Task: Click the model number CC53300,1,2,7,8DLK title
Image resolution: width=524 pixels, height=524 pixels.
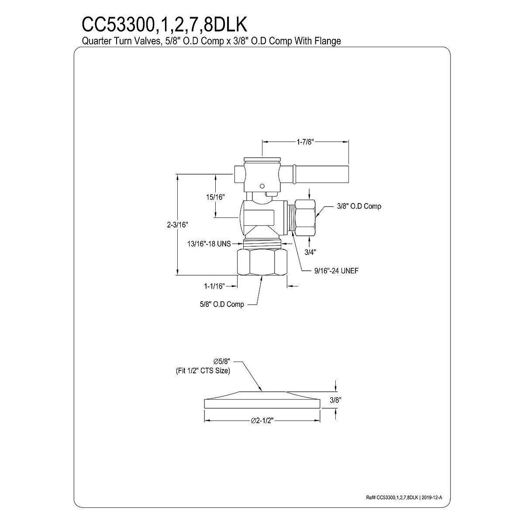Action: (x=165, y=25)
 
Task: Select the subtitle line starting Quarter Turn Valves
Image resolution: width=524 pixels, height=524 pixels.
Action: (x=211, y=41)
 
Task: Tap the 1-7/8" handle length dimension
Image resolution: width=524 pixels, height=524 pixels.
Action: (x=304, y=141)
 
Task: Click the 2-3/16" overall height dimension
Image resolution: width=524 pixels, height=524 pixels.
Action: (x=177, y=224)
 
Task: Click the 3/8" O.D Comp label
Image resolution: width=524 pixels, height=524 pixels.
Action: (x=359, y=206)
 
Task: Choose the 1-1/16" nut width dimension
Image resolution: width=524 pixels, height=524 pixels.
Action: (x=214, y=286)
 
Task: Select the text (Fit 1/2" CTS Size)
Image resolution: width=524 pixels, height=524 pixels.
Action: (x=200, y=370)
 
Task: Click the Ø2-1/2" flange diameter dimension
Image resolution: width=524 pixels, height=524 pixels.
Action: (x=262, y=420)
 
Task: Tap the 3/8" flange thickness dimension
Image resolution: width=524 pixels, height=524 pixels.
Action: (x=335, y=399)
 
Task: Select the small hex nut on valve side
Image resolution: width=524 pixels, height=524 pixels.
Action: (x=304, y=216)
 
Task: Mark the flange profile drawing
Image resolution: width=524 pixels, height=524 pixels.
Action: (x=262, y=400)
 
